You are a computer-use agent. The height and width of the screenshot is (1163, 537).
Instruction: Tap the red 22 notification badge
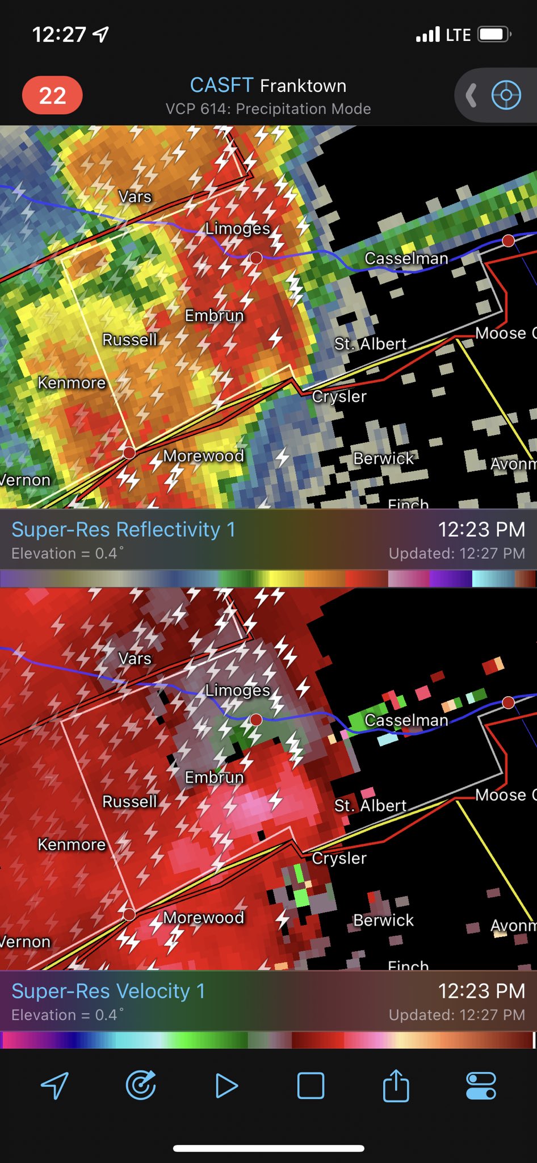click(52, 95)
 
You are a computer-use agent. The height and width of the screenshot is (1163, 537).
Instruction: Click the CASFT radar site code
click(221, 86)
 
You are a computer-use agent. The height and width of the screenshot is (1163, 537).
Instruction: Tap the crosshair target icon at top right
click(506, 95)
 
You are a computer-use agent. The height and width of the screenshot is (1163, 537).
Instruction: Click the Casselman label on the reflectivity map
click(406, 258)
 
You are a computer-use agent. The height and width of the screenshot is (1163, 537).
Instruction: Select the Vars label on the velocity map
click(135, 658)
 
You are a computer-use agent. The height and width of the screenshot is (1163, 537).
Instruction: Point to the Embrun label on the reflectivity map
click(214, 315)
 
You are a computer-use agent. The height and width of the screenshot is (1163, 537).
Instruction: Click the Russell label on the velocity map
click(129, 801)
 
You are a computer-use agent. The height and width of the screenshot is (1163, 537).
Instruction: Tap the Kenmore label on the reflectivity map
click(72, 383)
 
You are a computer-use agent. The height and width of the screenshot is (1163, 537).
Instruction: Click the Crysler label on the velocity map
click(339, 858)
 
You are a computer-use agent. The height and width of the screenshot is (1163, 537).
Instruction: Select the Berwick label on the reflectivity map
click(383, 458)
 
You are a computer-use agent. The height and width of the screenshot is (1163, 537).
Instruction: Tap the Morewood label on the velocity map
click(203, 918)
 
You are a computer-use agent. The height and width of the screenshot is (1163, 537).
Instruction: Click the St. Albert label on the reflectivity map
click(370, 344)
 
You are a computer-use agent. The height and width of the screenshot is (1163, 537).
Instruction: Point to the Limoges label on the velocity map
click(237, 690)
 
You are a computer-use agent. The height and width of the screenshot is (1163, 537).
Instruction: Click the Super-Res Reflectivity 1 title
click(123, 529)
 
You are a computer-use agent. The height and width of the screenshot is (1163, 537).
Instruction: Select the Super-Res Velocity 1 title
click(108, 991)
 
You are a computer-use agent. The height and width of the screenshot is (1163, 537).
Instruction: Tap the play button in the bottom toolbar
click(226, 1086)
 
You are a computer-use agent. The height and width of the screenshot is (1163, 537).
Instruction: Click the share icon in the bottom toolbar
click(396, 1085)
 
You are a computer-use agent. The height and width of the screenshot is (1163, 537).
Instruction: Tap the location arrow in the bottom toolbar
click(55, 1086)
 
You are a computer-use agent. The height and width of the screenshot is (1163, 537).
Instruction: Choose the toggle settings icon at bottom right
click(481, 1086)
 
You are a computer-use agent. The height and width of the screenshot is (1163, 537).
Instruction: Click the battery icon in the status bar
click(493, 35)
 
